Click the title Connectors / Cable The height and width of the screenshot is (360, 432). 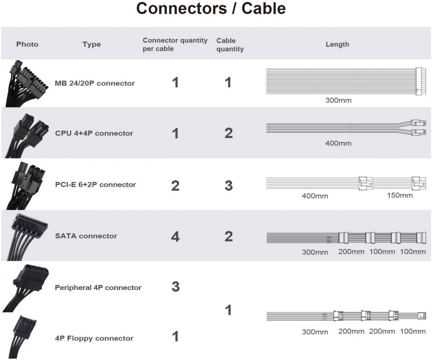[211, 9]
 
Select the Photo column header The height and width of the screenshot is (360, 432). [27, 44]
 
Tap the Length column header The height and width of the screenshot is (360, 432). [337, 44]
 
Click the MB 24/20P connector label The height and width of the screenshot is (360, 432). [95, 83]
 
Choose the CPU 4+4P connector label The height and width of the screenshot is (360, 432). [94, 133]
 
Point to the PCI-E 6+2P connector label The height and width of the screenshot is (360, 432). [95, 185]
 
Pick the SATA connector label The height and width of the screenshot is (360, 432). [86, 236]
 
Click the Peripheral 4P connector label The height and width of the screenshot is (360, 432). [98, 287]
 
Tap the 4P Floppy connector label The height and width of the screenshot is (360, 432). [94, 338]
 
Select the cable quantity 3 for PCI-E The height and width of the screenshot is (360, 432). [229, 185]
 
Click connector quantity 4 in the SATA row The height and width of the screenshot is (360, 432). [175, 236]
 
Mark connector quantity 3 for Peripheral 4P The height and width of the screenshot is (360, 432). [175, 287]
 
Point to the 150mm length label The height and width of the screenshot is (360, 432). [400, 195]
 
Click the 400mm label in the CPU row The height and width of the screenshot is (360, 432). [338, 143]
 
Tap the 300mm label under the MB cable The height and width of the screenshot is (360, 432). [338, 100]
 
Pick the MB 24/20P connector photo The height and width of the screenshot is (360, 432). [25, 83]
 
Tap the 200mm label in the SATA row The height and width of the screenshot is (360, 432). [351, 252]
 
